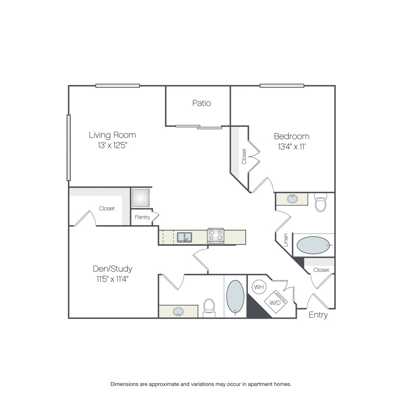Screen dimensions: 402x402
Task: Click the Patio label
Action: coord(201,103)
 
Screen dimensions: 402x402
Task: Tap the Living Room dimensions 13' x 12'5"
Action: coord(112,145)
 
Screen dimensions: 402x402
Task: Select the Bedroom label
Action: coord(292,136)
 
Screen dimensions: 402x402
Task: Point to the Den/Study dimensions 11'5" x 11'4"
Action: coord(112,279)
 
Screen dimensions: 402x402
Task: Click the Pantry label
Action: coord(142,217)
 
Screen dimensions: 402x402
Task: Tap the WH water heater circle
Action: coord(259,287)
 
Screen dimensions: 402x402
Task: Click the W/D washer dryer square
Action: coord(276,302)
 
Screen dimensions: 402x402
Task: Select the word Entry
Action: coord(318,315)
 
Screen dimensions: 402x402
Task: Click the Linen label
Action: coord(285,240)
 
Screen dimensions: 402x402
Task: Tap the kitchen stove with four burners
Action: coord(216,235)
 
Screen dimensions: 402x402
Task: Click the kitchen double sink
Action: coord(184,238)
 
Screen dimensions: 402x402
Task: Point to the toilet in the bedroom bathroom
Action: coord(320,202)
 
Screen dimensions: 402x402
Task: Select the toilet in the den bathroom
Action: coord(209,308)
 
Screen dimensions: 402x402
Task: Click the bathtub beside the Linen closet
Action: coord(313,245)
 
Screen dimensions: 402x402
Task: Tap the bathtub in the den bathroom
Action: coord(235,297)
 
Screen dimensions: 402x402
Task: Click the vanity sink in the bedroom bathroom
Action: coord(292,199)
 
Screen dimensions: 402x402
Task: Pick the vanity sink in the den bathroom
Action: coord(178,312)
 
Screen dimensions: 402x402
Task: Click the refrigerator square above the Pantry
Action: coord(140,198)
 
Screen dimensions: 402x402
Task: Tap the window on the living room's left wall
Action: coord(68,148)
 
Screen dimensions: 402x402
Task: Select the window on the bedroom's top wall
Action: coord(282,86)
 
